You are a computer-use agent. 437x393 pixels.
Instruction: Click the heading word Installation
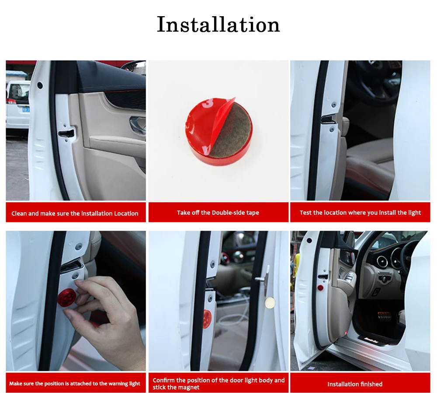218,25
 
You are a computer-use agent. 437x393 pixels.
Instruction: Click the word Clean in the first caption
19,214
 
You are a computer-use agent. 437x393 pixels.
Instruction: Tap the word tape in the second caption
253,213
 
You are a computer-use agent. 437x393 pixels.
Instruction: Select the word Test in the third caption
305,213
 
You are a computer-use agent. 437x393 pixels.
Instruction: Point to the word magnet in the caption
190,387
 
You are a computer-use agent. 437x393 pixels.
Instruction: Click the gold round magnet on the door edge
270,302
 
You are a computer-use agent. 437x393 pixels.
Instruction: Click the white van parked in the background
17,105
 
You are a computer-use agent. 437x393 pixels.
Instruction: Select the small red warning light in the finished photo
320,288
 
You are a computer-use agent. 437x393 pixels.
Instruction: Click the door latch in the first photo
66,133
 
